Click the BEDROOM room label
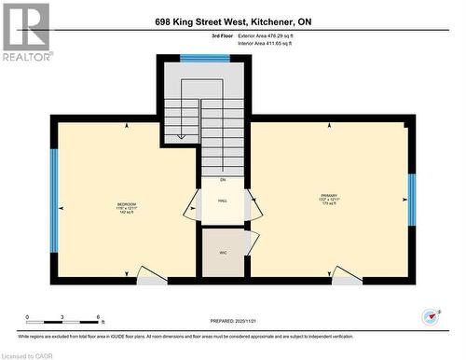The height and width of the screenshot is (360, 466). tap(126, 208)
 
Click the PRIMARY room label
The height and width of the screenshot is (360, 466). tap(328, 198)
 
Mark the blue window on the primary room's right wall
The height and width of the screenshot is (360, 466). tap(411, 201)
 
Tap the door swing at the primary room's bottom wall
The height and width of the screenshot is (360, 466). tap(348, 274)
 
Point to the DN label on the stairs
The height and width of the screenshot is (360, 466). tap(223, 179)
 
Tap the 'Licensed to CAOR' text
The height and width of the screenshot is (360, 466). tap(28, 354)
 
